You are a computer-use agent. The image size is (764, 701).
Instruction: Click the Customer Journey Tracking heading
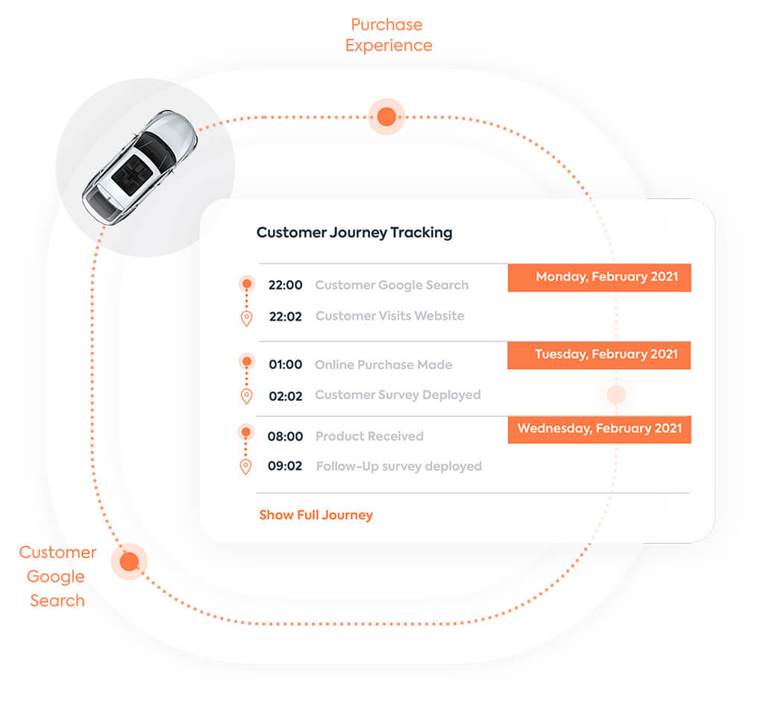pos(354,233)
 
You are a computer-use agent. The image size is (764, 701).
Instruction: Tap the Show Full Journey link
pos(316,515)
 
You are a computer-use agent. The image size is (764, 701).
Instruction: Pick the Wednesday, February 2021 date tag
pos(599,430)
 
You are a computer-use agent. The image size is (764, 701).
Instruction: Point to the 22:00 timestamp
pos(285,285)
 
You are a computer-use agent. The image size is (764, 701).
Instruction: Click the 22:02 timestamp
pos(285,316)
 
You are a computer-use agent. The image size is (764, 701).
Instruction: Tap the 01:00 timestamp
pos(285,365)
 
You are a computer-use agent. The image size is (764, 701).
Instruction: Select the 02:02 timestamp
pos(285,396)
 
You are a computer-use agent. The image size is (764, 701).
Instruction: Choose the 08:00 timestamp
pos(285,436)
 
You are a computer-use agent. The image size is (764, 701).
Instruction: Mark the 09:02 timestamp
pos(285,467)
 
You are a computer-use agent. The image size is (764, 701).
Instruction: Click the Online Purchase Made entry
pos(383,365)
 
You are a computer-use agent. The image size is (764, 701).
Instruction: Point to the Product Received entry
pos(369,436)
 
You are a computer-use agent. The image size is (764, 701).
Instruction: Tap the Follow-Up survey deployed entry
pos(398,467)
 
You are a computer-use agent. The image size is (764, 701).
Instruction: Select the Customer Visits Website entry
pos(389,316)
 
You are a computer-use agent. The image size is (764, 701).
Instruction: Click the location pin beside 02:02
pos(246,396)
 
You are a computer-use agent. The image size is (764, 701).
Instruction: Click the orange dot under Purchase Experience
pos(386,116)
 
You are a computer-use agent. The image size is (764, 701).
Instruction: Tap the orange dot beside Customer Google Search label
pos(129,562)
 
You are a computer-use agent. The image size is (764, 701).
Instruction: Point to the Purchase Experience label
pos(388,35)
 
